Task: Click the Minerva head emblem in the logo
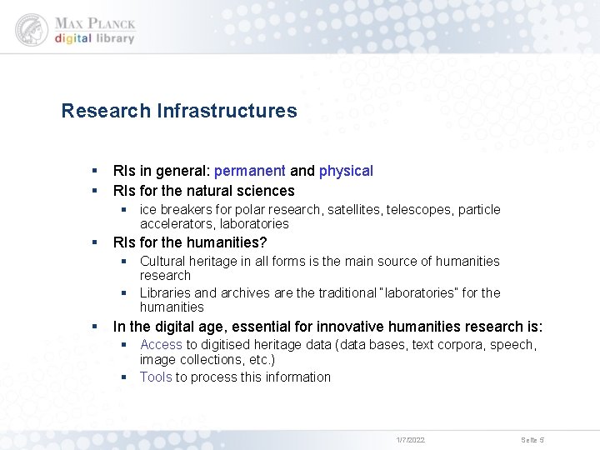pos(32,29)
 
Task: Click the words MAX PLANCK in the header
pos(94,22)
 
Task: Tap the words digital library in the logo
pos(94,39)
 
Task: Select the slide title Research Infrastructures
pos(179,111)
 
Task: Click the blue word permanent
pos(249,171)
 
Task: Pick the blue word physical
pos(346,171)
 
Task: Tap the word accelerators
pos(172,223)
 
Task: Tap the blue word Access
pos(161,344)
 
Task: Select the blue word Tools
pos(156,377)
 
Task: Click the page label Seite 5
pos(532,439)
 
